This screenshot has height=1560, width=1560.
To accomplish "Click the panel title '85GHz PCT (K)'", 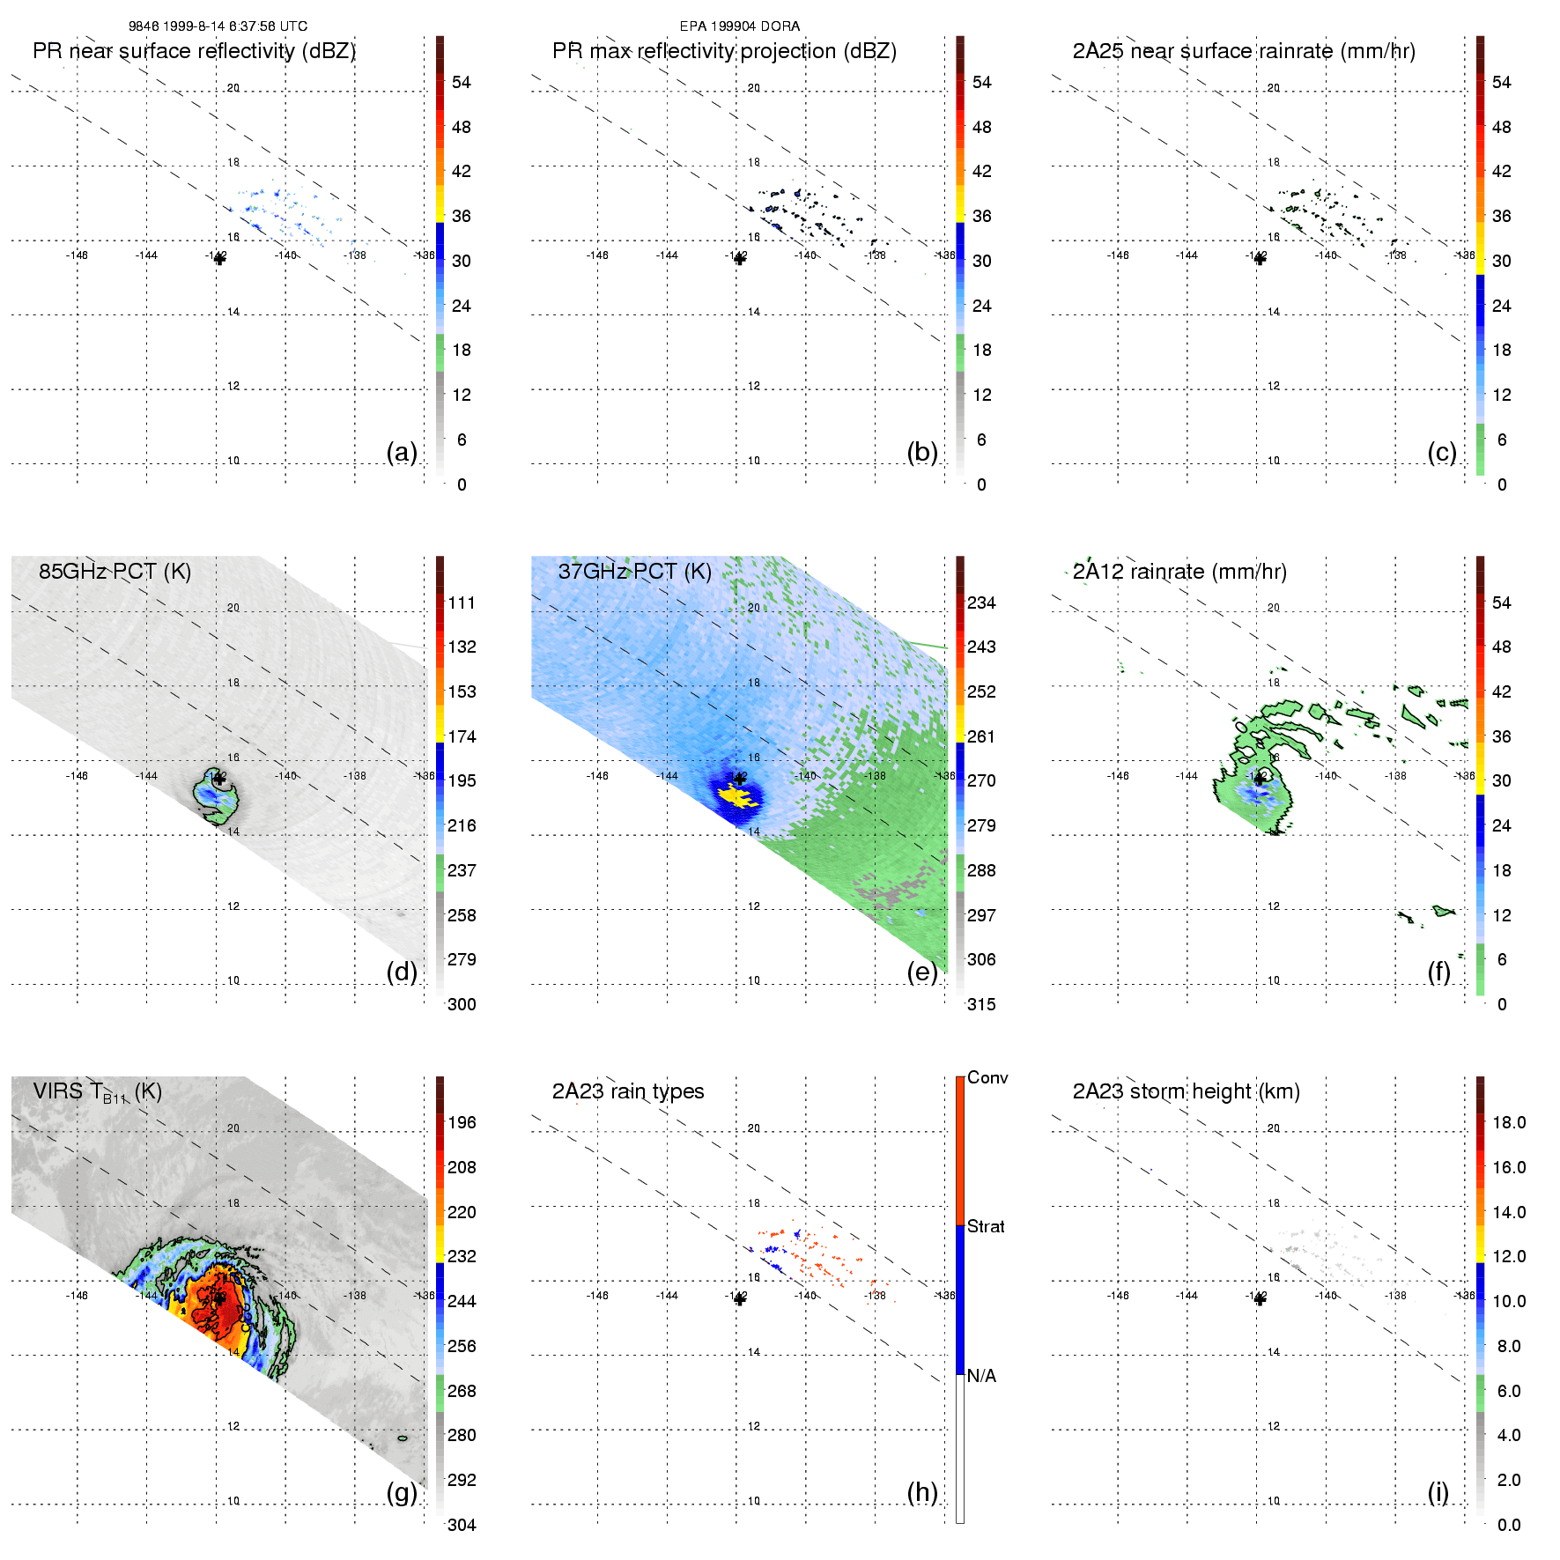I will pyautogui.click(x=115, y=572).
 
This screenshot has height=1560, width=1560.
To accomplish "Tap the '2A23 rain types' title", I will pyautogui.click(x=627, y=1091).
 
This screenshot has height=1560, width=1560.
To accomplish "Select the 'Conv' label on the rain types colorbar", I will pyautogui.click(x=987, y=1078).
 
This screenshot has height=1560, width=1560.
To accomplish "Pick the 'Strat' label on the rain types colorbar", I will pyautogui.click(x=985, y=1226).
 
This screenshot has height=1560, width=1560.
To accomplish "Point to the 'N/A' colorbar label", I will pyautogui.click(x=980, y=1376).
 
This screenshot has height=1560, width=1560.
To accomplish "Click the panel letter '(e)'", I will pyautogui.click(x=921, y=972).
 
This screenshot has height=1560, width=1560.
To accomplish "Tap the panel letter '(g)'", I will pyautogui.click(x=402, y=1492).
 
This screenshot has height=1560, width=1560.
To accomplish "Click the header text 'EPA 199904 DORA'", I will pyautogui.click(x=739, y=26).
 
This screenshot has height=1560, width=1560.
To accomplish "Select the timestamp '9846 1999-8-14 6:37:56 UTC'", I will pyautogui.click(x=218, y=26).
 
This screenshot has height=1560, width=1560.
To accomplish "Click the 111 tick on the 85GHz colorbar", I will pyautogui.click(x=462, y=603).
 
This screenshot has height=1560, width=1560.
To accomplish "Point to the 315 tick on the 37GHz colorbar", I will pyautogui.click(x=981, y=1004).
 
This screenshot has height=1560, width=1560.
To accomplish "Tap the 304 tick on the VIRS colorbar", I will pyautogui.click(x=462, y=1525).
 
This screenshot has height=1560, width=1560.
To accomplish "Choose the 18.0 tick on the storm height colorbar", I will pyautogui.click(x=1508, y=1123).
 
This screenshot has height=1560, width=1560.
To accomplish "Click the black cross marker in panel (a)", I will pyautogui.click(x=219, y=259).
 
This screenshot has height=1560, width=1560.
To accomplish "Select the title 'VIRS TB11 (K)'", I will pyautogui.click(x=97, y=1092).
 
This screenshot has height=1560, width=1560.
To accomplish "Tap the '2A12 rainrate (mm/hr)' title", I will pyautogui.click(x=1179, y=572).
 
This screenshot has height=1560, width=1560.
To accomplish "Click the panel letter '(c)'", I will pyautogui.click(x=1441, y=452).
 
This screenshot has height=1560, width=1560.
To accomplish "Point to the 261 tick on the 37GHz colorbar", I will pyautogui.click(x=981, y=736).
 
